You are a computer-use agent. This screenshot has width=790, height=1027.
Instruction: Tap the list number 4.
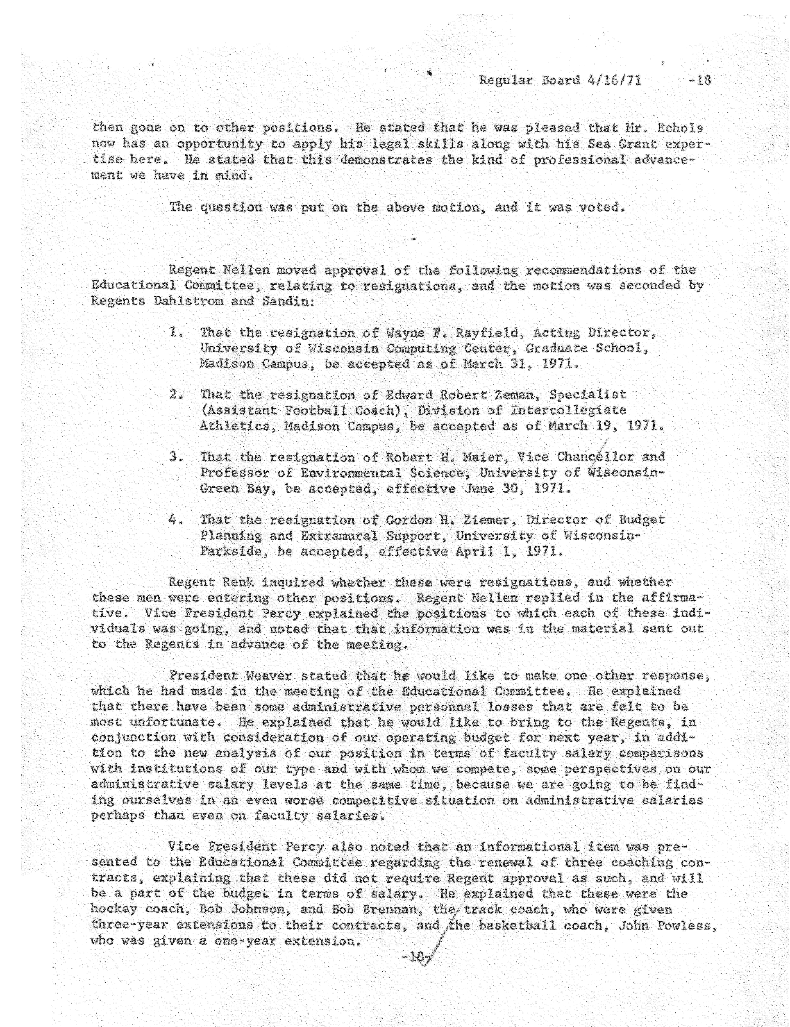(175, 520)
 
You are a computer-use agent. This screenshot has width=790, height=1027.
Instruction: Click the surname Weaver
(268, 676)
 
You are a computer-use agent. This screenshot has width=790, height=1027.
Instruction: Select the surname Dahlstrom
(188, 301)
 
